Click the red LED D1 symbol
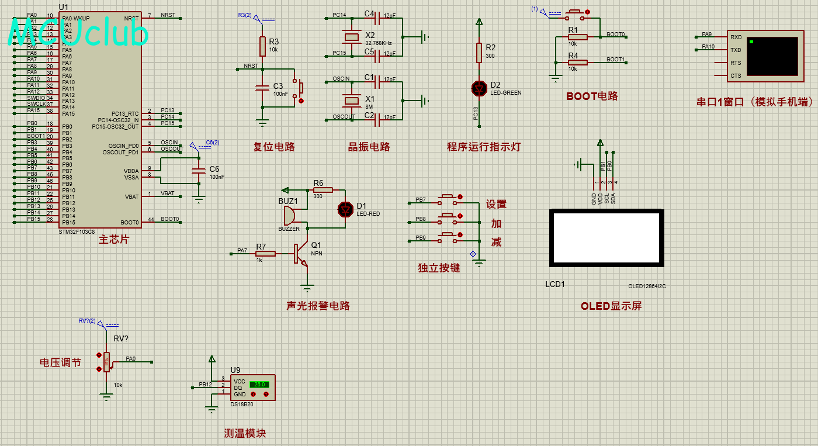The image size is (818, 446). pyautogui.click(x=345, y=208)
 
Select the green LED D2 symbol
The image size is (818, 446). pyautogui.click(x=479, y=88)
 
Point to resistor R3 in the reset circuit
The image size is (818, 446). pyautogui.click(x=263, y=46)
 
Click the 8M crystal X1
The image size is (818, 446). pyautogui.click(x=352, y=101)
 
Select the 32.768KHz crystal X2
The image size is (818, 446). pyautogui.click(x=352, y=37)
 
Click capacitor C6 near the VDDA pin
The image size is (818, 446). pyautogui.click(x=199, y=171)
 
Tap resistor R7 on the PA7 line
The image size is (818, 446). pyautogui.click(x=265, y=254)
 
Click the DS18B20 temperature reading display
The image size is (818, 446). pyautogui.click(x=259, y=384)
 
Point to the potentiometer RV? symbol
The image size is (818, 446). pyautogui.click(x=106, y=362)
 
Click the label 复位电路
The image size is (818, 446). pyautogui.click(x=273, y=147)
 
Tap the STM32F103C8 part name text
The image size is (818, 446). pyautogui.click(x=77, y=231)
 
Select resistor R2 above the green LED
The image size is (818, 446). pyautogui.click(x=479, y=53)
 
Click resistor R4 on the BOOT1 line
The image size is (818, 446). pyautogui.click(x=577, y=62)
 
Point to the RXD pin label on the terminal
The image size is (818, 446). pyautogui.click(x=736, y=37)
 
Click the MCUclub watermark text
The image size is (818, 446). pyautogui.click(x=78, y=34)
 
